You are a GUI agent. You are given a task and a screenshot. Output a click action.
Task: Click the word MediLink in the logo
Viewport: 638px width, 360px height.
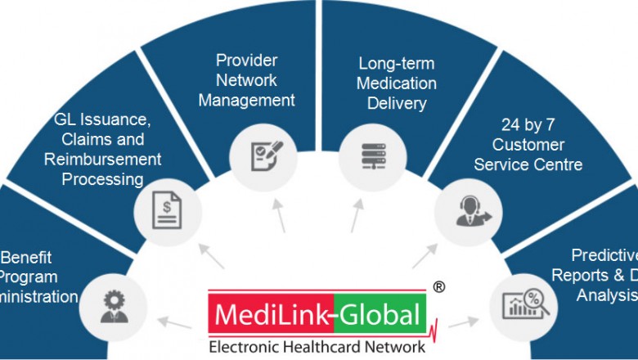[258, 314]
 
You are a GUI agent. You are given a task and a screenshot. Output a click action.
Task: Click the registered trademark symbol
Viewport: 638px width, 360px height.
[439, 287]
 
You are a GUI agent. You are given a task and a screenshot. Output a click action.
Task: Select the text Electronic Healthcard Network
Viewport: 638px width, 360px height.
[317, 347]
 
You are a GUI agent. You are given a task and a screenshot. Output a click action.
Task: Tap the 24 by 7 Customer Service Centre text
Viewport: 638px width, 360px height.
[533, 146]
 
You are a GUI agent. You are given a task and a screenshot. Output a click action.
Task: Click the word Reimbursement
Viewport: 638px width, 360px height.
[103, 159]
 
